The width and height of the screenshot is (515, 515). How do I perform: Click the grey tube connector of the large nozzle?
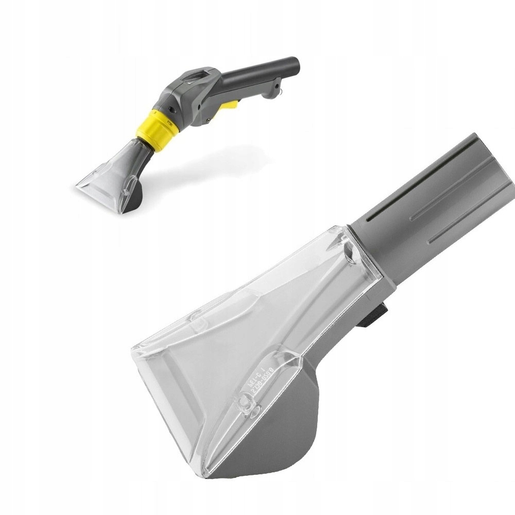433,206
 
